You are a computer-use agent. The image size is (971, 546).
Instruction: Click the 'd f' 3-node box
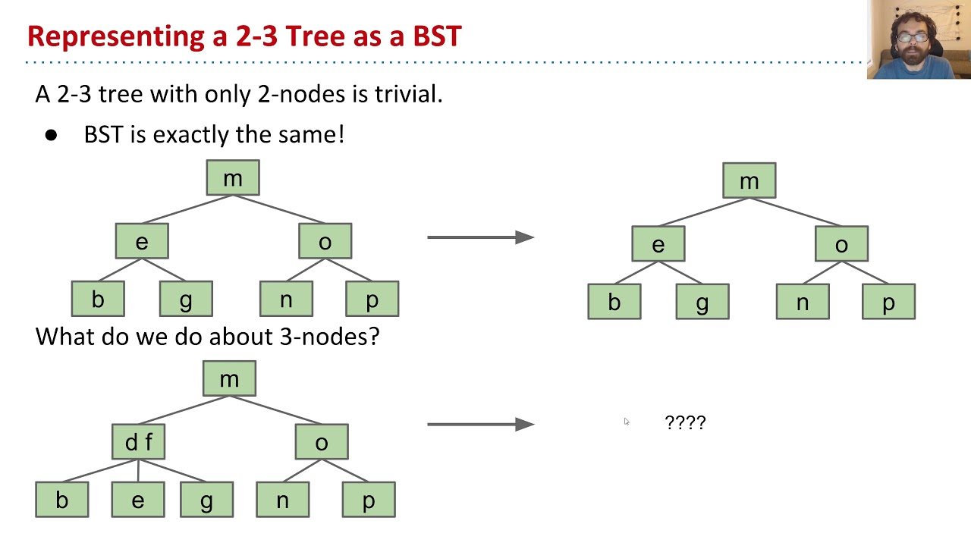pyautogui.click(x=138, y=441)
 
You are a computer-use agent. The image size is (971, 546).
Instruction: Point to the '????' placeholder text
pyautogui.click(x=685, y=422)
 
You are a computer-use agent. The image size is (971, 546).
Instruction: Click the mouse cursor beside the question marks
pyautogui.click(x=627, y=422)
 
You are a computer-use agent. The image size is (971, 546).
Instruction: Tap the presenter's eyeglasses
pyautogui.click(x=914, y=38)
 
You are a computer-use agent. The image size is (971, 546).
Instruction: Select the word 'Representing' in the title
pyautogui.click(x=116, y=36)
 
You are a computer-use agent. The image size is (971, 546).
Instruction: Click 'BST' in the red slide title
pyautogui.click(x=437, y=36)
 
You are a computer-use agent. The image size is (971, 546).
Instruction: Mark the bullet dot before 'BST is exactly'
pyautogui.click(x=51, y=135)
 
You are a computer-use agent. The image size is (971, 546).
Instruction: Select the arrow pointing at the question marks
pyautogui.click(x=481, y=424)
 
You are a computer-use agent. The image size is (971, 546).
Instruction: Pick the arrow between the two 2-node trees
pyautogui.click(x=481, y=237)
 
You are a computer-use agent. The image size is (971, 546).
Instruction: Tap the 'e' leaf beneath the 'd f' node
pyautogui.click(x=138, y=500)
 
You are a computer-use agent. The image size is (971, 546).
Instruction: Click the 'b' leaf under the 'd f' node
pyautogui.click(x=62, y=500)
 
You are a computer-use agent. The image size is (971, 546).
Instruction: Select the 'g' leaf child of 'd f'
pyautogui.click(x=207, y=500)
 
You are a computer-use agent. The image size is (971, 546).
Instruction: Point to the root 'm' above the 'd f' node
pyautogui.click(x=229, y=378)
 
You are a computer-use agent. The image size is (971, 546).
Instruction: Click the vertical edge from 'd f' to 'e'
pyautogui.click(x=138, y=471)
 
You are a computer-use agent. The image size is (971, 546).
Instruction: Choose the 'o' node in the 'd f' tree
pyautogui.click(x=322, y=441)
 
